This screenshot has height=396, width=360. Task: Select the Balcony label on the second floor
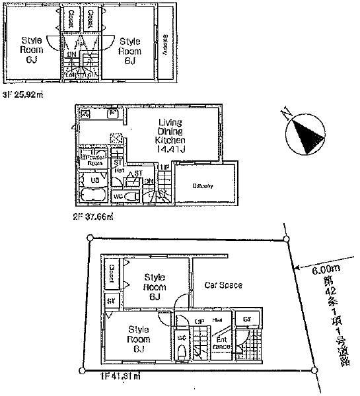click(x=203, y=186)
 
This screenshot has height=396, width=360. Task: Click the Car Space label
click(x=223, y=286)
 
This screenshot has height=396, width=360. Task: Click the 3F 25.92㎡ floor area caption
click(x=23, y=94)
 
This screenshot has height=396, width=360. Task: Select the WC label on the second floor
click(x=117, y=196)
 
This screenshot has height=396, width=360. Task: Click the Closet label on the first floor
click(x=111, y=275)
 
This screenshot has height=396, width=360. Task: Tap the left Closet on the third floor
click(x=70, y=18)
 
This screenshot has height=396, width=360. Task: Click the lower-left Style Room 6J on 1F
click(x=137, y=339)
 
